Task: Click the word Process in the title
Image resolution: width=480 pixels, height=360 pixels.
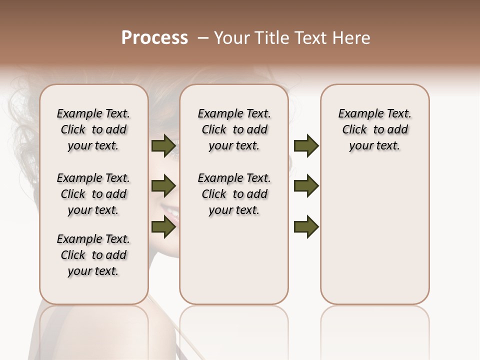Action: [154, 38]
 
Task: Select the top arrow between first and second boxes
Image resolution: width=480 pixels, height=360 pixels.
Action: [163, 146]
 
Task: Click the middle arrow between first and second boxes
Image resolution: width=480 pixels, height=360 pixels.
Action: [163, 186]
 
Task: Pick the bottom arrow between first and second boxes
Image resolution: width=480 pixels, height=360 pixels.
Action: [163, 226]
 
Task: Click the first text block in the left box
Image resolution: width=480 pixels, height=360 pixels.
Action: [93, 129]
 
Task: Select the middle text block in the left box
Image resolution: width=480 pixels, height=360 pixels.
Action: [93, 194]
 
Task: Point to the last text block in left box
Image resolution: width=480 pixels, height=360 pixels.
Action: [93, 255]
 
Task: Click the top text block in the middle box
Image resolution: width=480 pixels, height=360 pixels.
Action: [234, 129]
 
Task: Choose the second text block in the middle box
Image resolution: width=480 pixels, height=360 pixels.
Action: [234, 194]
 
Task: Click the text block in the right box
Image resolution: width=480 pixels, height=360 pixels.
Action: [374, 129]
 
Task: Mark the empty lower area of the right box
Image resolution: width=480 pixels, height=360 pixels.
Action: [374, 240]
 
